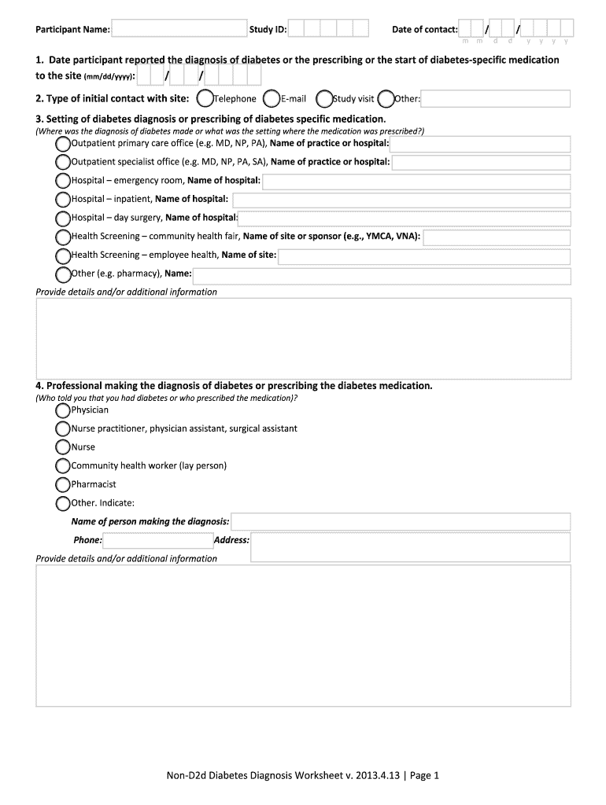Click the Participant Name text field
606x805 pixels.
(179, 29)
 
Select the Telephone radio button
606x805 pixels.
(205, 99)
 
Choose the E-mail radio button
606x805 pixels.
(272, 99)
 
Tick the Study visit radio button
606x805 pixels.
(323, 99)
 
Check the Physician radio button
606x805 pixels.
(63, 410)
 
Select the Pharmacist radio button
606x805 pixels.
(63, 484)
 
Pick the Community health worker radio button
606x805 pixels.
(63, 465)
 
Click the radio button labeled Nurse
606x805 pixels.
(63, 447)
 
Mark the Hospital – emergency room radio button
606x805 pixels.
(63, 181)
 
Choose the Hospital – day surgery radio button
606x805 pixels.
(63, 218)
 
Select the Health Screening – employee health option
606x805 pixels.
(63, 255)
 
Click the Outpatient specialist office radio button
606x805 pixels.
(63, 162)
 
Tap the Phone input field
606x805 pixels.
(157, 540)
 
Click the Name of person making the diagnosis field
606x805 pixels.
(401, 521)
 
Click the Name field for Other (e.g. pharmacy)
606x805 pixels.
(382, 274)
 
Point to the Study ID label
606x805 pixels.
(268, 30)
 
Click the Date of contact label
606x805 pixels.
(424, 30)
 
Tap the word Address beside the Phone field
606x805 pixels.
(231, 540)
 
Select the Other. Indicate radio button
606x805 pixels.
(63, 503)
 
